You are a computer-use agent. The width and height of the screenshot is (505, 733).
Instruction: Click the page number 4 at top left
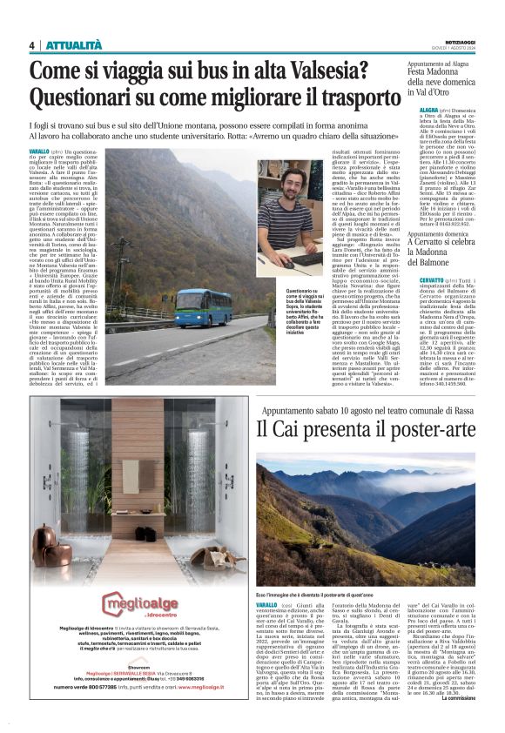pyautogui.click(x=32, y=45)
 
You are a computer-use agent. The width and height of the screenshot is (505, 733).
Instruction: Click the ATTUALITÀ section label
pyautogui.click(x=74, y=45)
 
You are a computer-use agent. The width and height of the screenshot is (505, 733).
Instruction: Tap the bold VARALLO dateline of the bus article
pyautogui.click(x=45, y=151)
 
